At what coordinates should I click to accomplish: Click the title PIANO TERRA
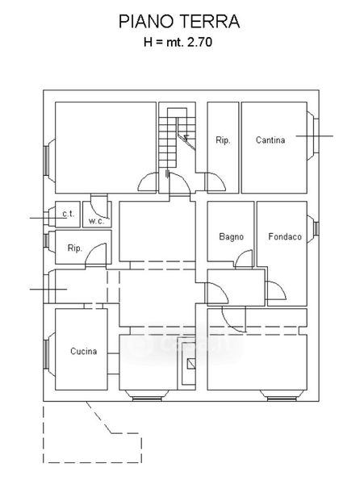[179, 22]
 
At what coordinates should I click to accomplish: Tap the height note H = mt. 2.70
[178, 42]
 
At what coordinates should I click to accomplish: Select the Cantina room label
[270, 140]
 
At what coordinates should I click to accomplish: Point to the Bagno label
[231, 236]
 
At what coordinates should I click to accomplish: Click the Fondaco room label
[285, 236]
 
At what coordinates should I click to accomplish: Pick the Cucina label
[84, 351]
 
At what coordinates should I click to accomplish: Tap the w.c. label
[96, 221]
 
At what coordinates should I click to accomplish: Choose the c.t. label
[69, 214]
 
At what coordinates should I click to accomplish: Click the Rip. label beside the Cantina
[223, 140]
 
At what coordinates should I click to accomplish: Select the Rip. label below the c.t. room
[75, 248]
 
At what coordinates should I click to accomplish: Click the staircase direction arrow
[186, 138]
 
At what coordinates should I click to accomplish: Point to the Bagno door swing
[244, 259]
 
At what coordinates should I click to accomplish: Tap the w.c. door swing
[99, 210]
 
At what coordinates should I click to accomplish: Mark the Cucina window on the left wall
[46, 354]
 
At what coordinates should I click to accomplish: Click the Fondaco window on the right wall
[316, 228]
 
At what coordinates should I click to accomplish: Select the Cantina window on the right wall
[316, 136]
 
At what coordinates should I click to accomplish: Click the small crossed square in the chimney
[191, 364]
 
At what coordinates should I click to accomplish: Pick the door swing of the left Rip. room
[96, 254]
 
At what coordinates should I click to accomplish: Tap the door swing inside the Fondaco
[277, 290]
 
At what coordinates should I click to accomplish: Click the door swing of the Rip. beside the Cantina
[216, 182]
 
